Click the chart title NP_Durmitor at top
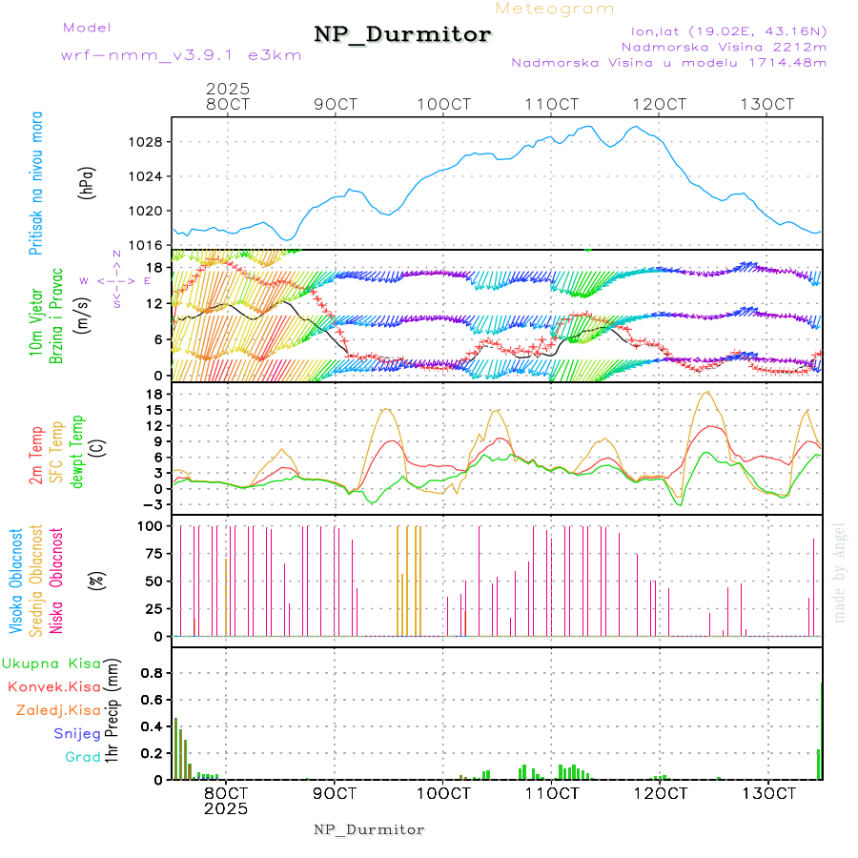(x=402, y=35)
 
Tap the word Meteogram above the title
(x=555, y=9)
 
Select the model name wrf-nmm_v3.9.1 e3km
(x=181, y=54)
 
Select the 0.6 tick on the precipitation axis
(x=152, y=699)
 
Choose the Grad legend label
(x=83, y=757)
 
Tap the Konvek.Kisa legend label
(x=53, y=686)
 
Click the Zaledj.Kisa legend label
(x=58, y=709)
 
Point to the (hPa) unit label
(x=87, y=181)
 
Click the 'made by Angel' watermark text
(x=840, y=572)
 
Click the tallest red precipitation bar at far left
(x=176, y=748)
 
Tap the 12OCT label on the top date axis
(x=662, y=104)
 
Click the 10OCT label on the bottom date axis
(x=444, y=793)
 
